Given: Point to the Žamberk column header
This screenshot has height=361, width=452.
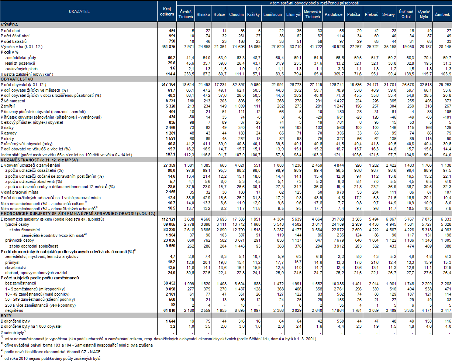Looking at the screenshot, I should (442, 14).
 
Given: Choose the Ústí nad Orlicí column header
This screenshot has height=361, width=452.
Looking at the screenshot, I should (405, 14).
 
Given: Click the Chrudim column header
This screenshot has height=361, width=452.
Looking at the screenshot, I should (236, 14).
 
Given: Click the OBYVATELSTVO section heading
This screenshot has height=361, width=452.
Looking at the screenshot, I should (17, 79).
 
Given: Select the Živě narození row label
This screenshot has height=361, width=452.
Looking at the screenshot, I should (13, 101).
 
